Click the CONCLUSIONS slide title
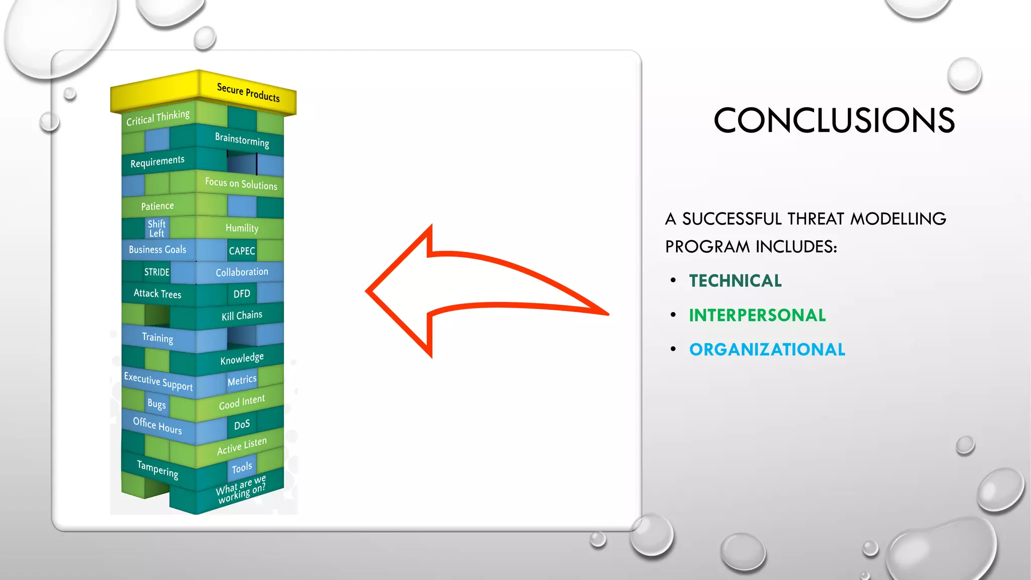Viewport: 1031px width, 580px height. [834, 120]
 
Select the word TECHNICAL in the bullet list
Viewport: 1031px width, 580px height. [735, 281]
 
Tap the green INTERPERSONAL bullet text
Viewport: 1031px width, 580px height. [757, 315]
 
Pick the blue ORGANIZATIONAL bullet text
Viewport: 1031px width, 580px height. [767, 349]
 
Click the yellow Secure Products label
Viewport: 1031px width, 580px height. [248, 93]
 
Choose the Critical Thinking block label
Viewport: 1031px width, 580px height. [158, 118]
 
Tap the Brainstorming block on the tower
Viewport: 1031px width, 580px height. [242, 139]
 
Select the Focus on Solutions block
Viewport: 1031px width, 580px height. [241, 184]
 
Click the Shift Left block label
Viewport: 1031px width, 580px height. [156, 228]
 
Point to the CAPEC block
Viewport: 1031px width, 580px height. [242, 251]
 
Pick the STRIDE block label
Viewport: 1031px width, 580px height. [157, 272]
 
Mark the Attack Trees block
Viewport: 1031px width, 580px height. [157, 294]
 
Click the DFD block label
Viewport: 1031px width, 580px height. [242, 294]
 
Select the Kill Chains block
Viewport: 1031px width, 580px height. [242, 316]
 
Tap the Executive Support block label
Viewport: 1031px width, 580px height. [158, 382]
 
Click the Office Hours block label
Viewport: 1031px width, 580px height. [157, 426]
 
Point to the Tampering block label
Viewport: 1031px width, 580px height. [157, 469]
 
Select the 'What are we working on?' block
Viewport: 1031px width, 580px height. [241, 488]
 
